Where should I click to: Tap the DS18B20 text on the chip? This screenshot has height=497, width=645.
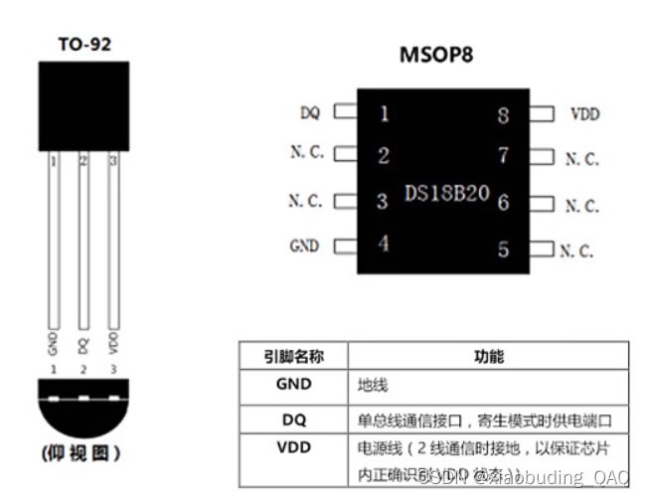click(446, 192)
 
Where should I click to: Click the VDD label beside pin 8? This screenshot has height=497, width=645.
click(585, 114)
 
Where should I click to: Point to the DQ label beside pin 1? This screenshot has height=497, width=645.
click(309, 113)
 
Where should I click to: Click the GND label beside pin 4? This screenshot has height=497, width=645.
click(304, 246)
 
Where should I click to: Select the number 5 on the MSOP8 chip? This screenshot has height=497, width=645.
click(503, 248)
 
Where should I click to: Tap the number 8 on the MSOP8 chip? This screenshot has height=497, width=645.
click(503, 115)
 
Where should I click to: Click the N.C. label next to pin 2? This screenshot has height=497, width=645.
click(305, 154)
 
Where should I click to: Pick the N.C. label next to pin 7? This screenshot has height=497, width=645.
click(581, 159)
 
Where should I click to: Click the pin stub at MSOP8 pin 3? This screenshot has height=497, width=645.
click(344, 201)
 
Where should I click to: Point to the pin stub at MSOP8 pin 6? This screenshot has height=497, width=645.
click(543, 204)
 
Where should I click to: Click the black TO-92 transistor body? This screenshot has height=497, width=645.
click(83, 106)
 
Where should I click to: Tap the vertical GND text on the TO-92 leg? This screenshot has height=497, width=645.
click(53, 344)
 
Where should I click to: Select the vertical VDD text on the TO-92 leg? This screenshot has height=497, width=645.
click(112, 344)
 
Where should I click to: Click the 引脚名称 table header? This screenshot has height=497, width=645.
click(292, 356)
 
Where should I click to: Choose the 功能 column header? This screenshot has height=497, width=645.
click(490, 356)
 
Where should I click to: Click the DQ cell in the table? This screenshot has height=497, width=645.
click(292, 419)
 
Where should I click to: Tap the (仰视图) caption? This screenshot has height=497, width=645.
click(83, 453)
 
